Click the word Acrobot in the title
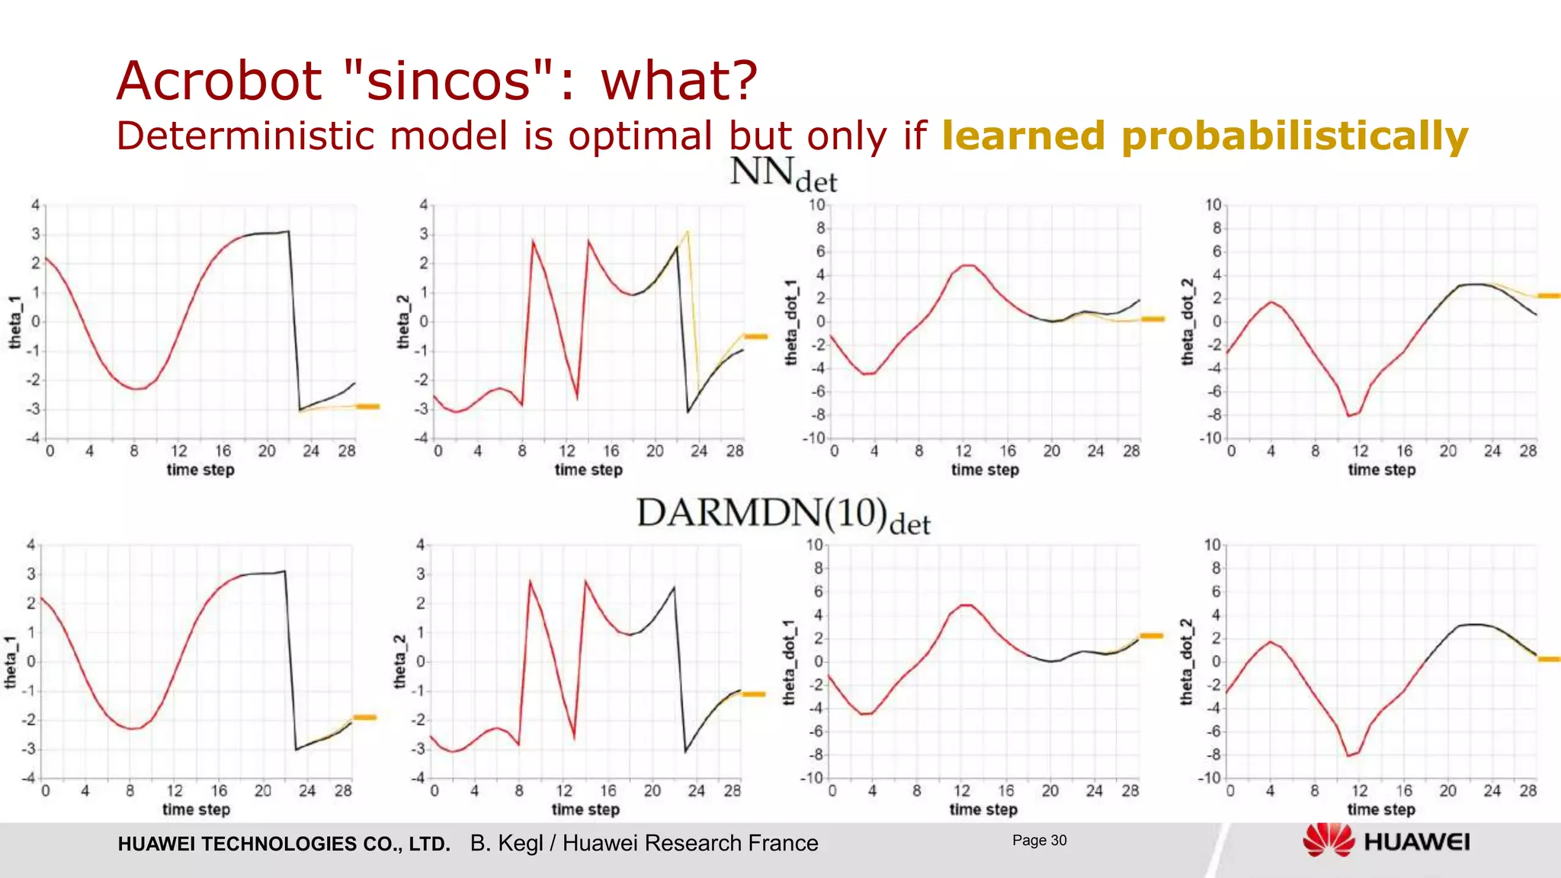click(220, 81)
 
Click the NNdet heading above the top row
click(783, 174)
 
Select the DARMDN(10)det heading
click(783, 515)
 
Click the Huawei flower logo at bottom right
click(1329, 841)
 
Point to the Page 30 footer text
click(1039, 841)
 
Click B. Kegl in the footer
click(506, 843)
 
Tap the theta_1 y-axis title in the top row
click(15, 322)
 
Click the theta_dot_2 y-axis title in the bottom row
click(1187, 662)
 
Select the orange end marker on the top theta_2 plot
click(756, 336)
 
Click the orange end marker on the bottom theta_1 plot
click(365, 717)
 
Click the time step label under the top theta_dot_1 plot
click(985, 470)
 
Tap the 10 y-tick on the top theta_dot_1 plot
click(816, 205)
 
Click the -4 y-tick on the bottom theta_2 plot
click(418, 778)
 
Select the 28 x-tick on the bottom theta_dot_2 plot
click(1527, 791)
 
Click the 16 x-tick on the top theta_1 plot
click(223, 451)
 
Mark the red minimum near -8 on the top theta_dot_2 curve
click(1349, 415)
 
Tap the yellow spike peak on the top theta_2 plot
click(688, 231)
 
